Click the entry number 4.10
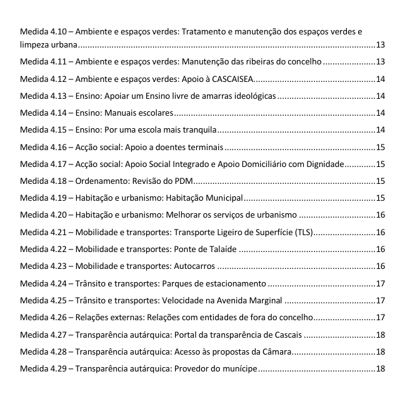pyautogui.click(x=58, y=31)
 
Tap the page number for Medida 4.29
pyautogui.click(x=380, y=368)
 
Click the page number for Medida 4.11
pyautogui.click(x=380, y=61)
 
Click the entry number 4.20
pyautogui.click(x=58, y=215)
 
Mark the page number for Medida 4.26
pyautogui.click(x=380, y=317)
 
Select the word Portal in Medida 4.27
pyautogui.click(x=177, y=334)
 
